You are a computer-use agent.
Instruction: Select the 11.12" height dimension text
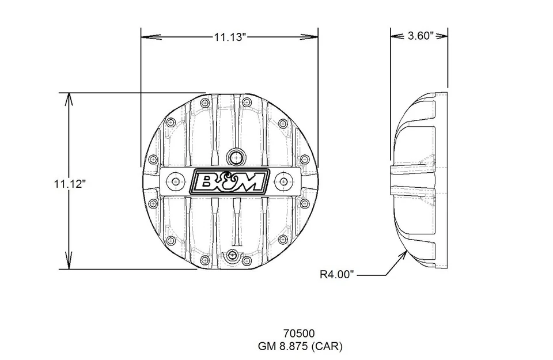click(70, 184)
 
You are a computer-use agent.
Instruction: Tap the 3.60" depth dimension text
click(419, 36)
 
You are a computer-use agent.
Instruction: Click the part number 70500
click(299, 333)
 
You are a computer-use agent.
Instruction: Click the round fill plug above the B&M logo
click(234, 156)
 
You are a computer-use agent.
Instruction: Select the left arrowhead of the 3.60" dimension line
click(395, 36)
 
